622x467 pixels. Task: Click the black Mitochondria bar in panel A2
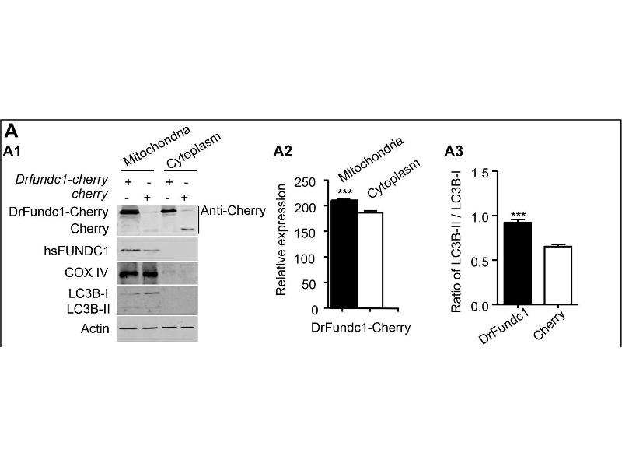pyautogui.click(x=342, y=254)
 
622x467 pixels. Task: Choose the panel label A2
pyautogui.click(x=284, y=151)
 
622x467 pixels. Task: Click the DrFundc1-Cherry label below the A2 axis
pyautogui.click(x=360, y=328)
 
